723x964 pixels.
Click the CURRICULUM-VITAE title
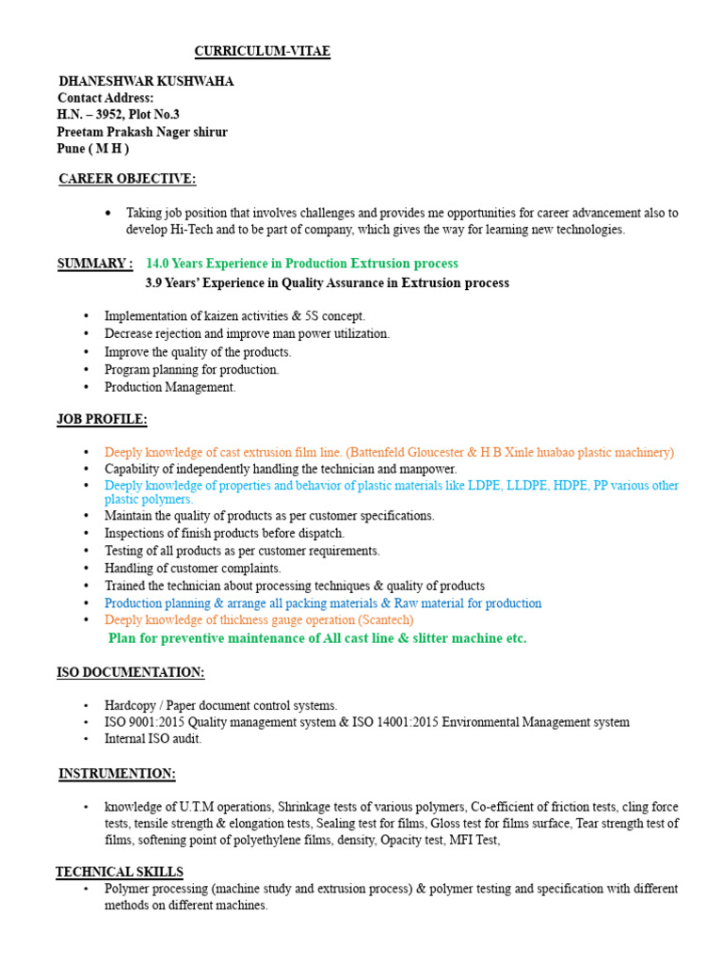point(262,52)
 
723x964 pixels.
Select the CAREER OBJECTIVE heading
point(127,179)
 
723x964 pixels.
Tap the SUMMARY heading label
point(95,264)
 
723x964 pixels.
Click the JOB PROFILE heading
point(103,419)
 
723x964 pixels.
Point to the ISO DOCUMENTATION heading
point(131,672)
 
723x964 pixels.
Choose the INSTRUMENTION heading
point(117,774)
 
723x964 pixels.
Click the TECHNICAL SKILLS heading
point(120,872)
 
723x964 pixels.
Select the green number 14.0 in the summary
point(160,264)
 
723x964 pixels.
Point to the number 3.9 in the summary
point(154,283)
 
